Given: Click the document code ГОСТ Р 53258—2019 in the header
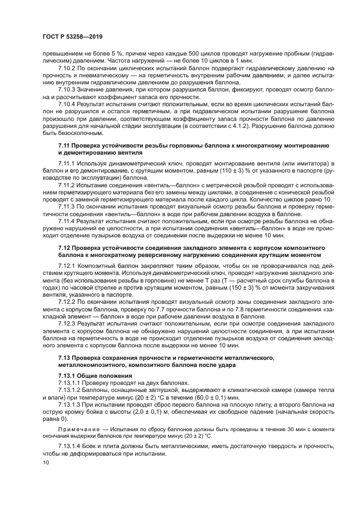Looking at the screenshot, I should click(x=72, y=36).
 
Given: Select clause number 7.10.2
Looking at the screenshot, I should click(x=68, y=68).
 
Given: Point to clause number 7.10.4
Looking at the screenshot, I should click(x=68, y=103).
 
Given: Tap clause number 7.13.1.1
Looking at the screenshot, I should click(x=70, y=383).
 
